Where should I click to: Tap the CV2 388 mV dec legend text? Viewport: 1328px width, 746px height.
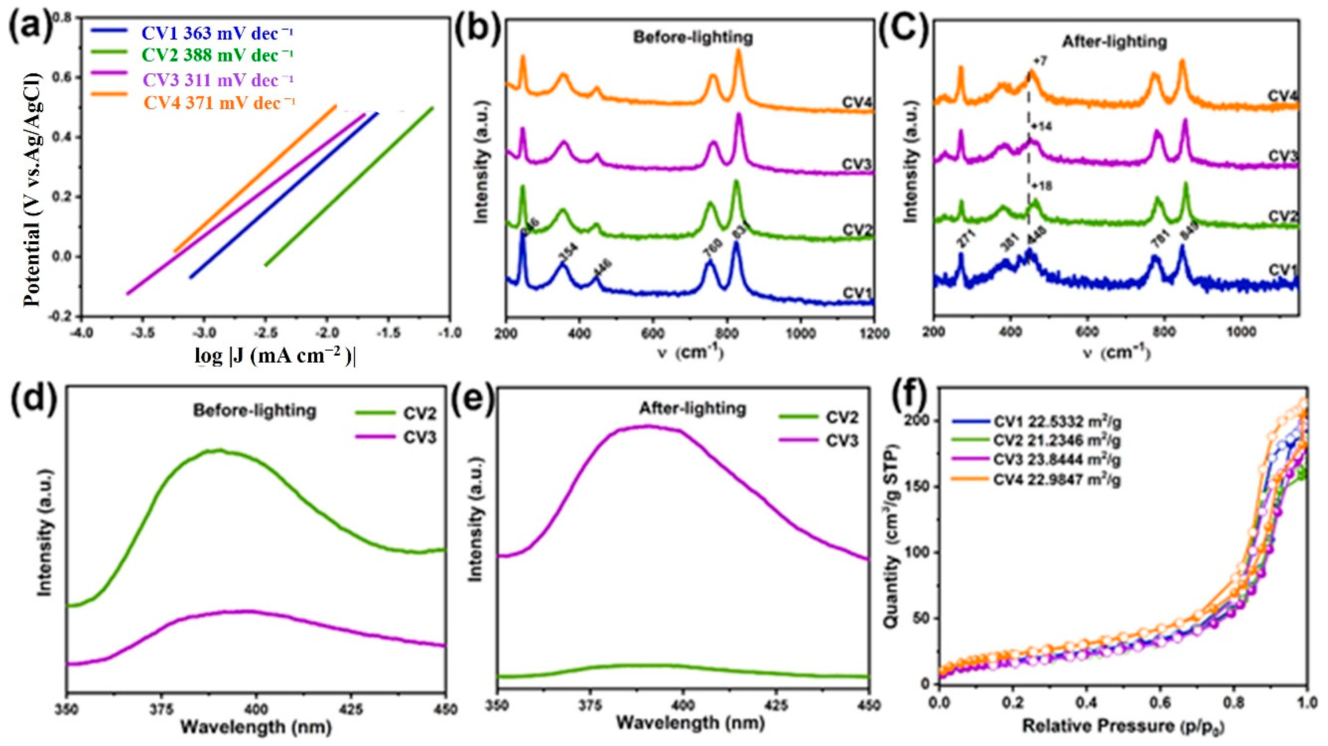click(218, 55)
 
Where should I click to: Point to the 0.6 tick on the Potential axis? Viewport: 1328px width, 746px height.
click(65, 77)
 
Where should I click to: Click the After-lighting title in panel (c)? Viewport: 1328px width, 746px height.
click(1114, 41)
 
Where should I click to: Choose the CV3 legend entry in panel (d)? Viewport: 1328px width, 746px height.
click(419, 438)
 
